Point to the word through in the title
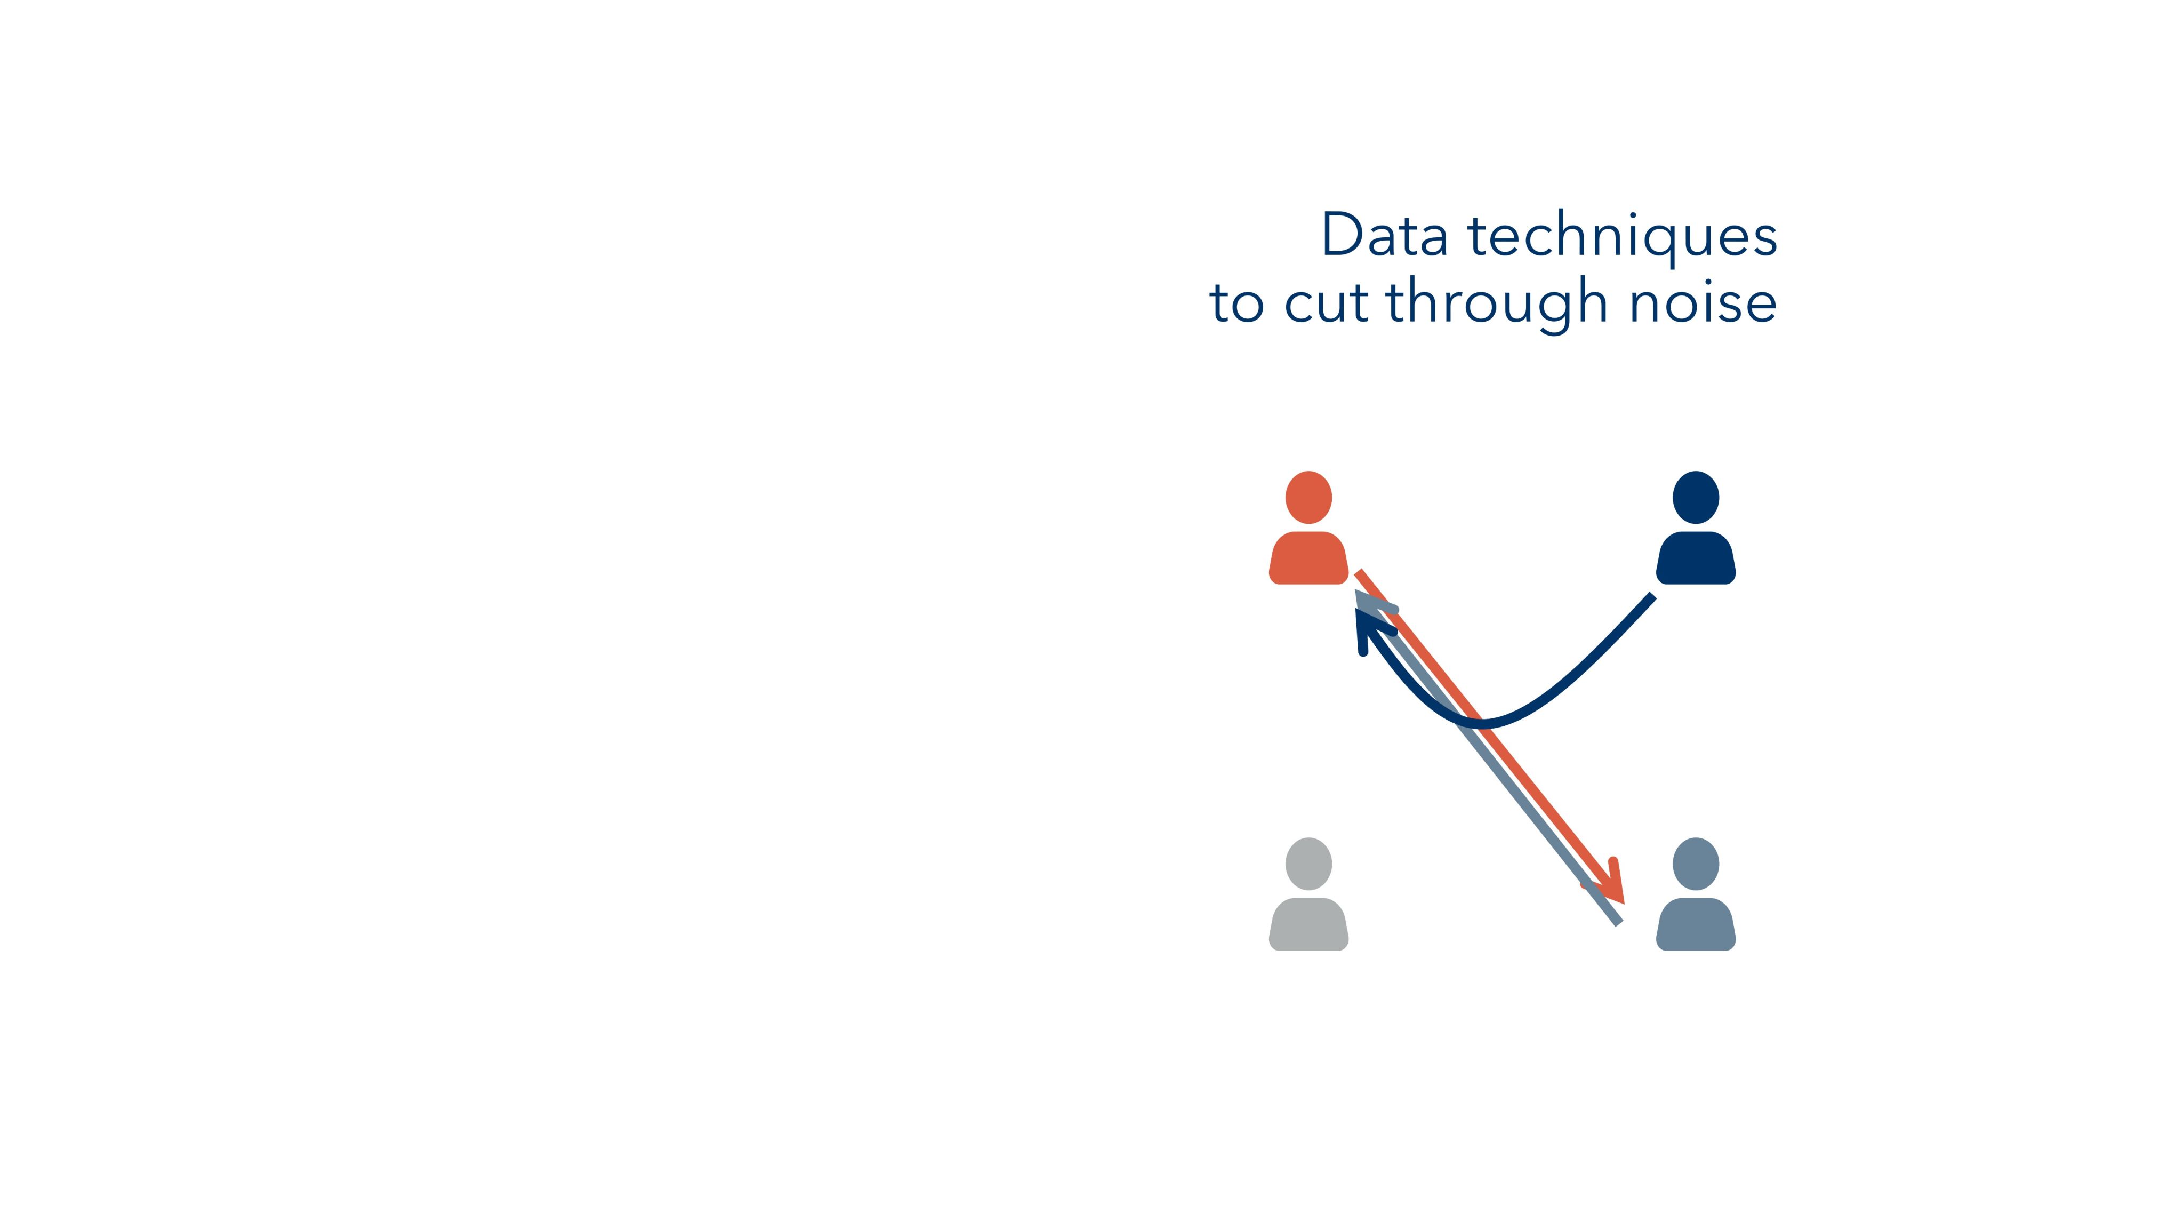pos(1496,306)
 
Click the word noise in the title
pos(1703,303)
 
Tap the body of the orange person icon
pos(1308,558)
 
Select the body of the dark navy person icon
pos(1696,558)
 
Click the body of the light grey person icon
pos(1308,924)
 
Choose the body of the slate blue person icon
pos(1696,924)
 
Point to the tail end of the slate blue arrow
pos(1619,923)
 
